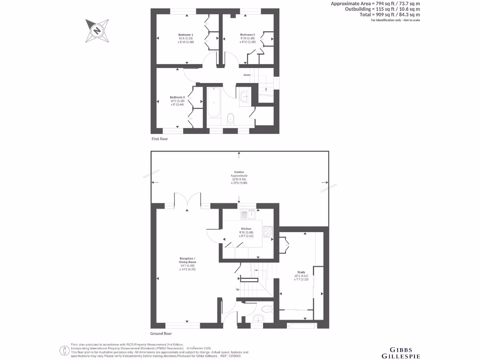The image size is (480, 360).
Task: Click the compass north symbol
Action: [97, 30]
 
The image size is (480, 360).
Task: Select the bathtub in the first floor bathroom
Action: [213, 104]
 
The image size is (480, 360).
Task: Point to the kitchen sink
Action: [247, 215]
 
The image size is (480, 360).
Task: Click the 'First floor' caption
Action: [159, 139]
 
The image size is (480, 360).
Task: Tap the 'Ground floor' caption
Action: [161, 334]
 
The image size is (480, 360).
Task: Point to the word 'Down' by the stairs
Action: [247, 75]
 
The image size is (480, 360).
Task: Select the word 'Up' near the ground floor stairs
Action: [238, 289]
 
